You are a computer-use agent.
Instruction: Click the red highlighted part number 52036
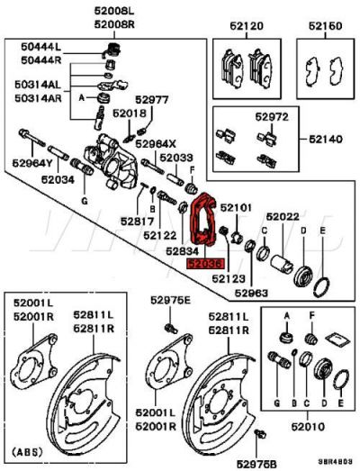point(202,266)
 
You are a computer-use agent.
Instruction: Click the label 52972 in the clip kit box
point(271,117)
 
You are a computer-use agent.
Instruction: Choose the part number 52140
point(325,140)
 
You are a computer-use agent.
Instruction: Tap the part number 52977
point(152,99)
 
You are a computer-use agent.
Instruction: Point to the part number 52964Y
point(33,163)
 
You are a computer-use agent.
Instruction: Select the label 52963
point(253,293)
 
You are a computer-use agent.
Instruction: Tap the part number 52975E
point(171,299)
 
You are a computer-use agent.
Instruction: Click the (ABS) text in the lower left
point(28,449)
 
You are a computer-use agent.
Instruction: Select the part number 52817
point(139,221)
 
